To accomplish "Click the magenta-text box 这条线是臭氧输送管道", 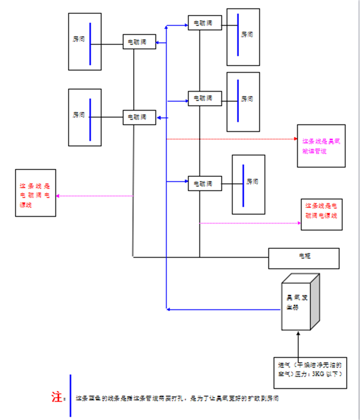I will point(321,146).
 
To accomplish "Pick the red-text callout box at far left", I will point(36,193).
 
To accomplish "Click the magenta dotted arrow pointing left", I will point(94,196).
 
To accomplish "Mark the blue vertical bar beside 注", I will point(70,395).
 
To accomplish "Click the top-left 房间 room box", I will point(85,41).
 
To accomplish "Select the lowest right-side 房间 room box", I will point(248,185).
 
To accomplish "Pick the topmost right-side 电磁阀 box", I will point(205,23).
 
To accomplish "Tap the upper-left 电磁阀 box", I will point(139,42).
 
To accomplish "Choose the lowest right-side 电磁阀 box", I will point(205,184).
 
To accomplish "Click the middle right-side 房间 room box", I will point(243,102).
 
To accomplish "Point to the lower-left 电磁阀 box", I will point(139,117).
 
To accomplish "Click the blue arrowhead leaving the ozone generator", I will point(168,309).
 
